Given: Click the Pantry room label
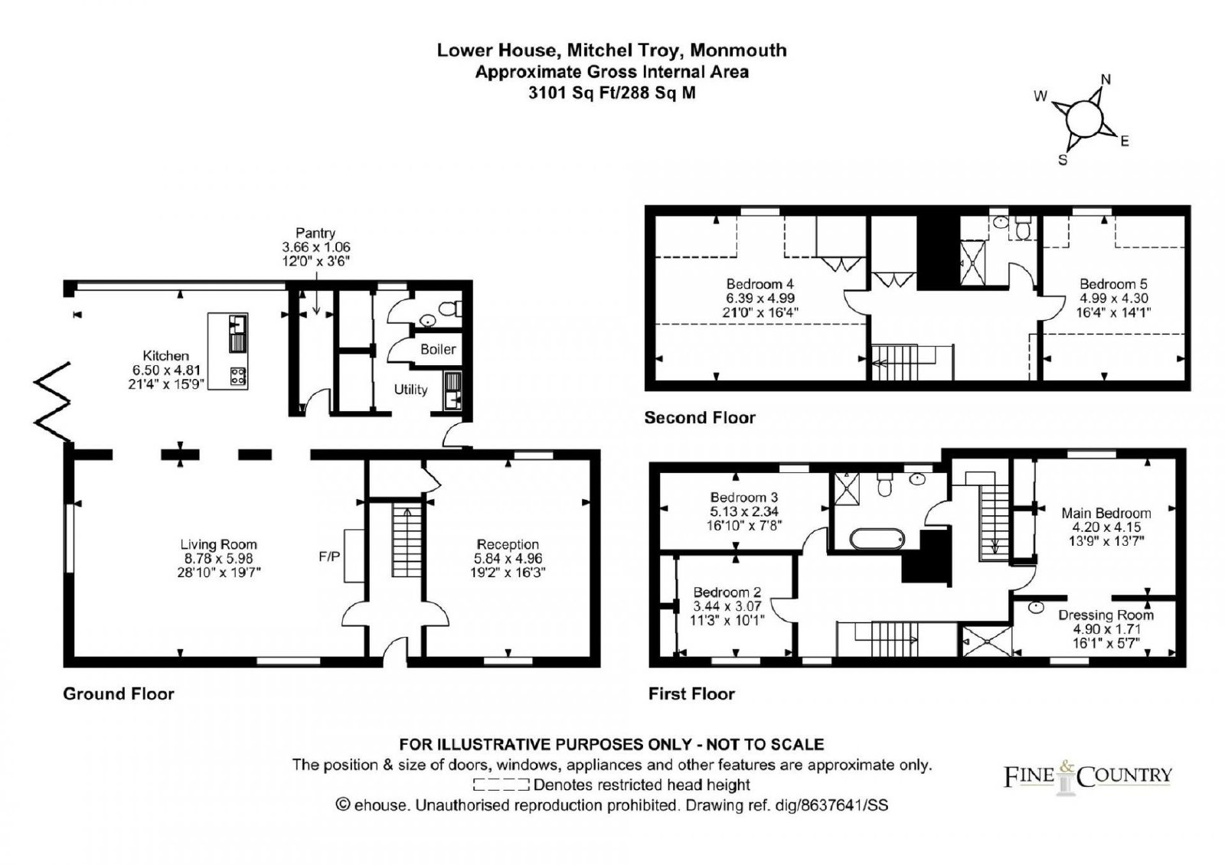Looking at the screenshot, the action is (x=315, y=233).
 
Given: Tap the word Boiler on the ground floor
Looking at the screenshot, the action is (x=438, y=349).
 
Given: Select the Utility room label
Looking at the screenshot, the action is (x=410, y=390).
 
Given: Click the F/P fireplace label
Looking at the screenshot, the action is (x=329, y=557).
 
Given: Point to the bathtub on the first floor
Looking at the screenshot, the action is (x=877, y=539).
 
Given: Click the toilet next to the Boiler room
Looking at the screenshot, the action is (x=450, y=308).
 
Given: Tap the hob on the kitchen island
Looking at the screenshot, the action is (x=238, y=376).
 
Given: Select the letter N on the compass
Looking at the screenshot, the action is (x=1106, y=80).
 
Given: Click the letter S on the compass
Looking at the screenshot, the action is (x=1063, y=160).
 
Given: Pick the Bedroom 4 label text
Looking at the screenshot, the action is (x=759, y=284).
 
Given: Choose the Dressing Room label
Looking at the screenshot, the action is (x=1106, y=615).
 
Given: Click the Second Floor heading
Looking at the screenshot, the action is (x=700, y=418).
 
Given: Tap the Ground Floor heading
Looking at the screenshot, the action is (x=119, y=694).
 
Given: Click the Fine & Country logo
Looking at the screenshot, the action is (x=1087, y=776).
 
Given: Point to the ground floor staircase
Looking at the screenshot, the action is (x=407, y=540).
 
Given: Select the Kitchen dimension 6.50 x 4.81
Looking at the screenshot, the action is (x=166, y=370).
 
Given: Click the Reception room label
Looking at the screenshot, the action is (x=508, y=544).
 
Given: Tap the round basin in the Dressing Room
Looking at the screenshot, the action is (x=1036, y=607).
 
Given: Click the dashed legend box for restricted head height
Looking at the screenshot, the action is (x=501, y=785).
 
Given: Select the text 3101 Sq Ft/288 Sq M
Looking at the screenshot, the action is (x=612, y=93).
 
